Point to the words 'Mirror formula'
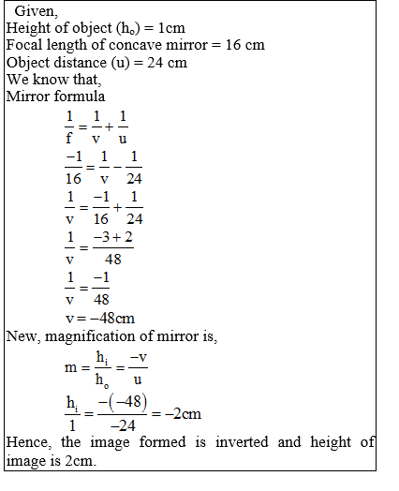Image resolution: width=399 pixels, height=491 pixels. point(55,96)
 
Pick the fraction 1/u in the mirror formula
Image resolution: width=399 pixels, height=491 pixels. point(123,126)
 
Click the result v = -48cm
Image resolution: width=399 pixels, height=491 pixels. point(102,318)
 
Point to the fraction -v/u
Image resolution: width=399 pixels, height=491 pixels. point(138,368)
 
